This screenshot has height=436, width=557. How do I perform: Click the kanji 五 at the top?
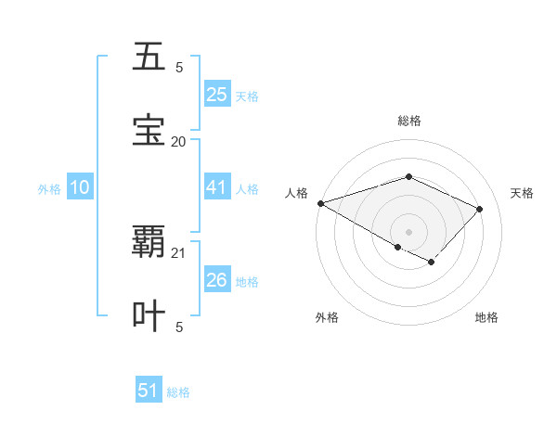[149, 58]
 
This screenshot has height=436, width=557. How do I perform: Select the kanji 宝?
[149, 131]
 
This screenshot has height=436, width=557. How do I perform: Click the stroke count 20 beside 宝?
[178, 141]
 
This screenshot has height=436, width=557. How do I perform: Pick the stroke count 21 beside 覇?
[178, 252]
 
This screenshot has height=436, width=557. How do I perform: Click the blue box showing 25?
[216, 95]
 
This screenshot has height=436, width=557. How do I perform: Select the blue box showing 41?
[216, 187]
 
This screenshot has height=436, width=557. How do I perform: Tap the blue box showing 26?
[216, 280]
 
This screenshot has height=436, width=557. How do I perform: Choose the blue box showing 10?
[80, 187]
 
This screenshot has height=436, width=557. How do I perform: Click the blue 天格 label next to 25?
[247, 96]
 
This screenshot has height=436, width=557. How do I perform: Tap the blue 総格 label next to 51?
[178, 392]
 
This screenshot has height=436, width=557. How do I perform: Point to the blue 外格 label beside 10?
[49, 189]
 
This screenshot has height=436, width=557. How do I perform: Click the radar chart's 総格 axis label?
[408, 121]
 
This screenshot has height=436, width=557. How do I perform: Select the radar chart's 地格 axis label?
[486, 317]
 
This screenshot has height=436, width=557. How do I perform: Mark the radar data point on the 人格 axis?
[320, 203]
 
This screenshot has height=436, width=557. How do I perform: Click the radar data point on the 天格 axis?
[479, 209]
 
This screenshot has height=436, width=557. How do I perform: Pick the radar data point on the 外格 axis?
[397, 247]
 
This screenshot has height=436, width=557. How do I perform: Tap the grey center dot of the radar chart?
[408, 231]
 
